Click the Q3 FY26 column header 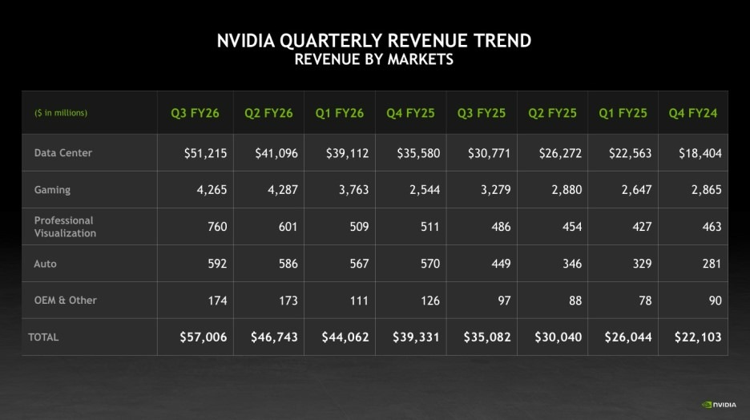coord(195,113)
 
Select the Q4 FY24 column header coord(693,113)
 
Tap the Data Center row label coord(63,152)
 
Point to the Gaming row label coord(52,190)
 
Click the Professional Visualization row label coord(65,227)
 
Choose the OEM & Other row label coord(65,300)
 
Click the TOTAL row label coord(44,337)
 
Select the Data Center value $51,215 coord(205,153)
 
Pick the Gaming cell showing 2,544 coord(424,190)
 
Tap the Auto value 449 coord(501,264)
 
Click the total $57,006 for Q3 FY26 coord(204,337)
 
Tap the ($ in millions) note coord(61,113)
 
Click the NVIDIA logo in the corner coord(720,404)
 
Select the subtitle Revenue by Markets coord(373,59)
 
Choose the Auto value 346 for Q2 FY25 coord(571,264)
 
